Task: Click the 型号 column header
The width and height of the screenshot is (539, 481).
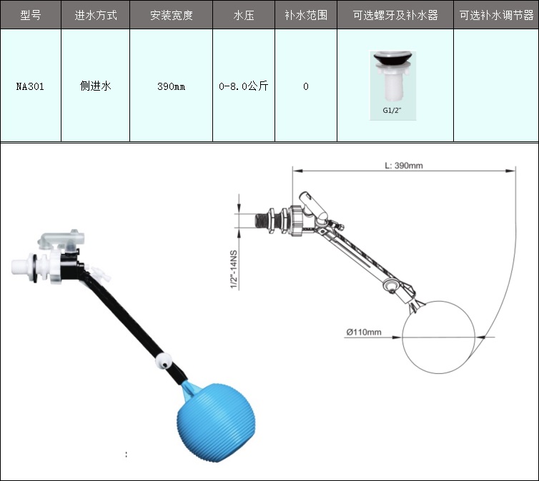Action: (x=31, y=15)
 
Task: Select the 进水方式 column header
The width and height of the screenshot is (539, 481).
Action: (x=96, y=15)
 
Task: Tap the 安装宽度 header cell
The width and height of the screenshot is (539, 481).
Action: (x=171, y=15)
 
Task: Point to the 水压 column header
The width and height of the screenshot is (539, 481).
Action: (x=244, y=15)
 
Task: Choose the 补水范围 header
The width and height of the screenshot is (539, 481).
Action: (x=306, y=15)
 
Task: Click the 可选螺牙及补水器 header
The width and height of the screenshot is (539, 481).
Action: (x=395, y=15)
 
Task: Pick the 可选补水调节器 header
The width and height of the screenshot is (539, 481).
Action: (x=496, y=15)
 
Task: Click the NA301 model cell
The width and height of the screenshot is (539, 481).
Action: (x=30, y=86)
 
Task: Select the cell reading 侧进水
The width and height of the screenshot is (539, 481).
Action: (x=96, y=86)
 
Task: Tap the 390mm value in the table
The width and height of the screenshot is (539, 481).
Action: (x=171, y=86)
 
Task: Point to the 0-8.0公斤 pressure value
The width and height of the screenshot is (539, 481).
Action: (x=243, y=86)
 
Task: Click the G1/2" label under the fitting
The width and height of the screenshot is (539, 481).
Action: (x=392, y=111)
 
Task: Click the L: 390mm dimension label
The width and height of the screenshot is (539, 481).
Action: (x=404, y=166)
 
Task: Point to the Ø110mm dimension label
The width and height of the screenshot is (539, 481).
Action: (x=364, y=332)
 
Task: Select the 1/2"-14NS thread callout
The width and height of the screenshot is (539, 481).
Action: (x=234, y=270)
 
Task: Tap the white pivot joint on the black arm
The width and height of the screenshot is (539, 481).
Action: (x=164, y=361)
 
